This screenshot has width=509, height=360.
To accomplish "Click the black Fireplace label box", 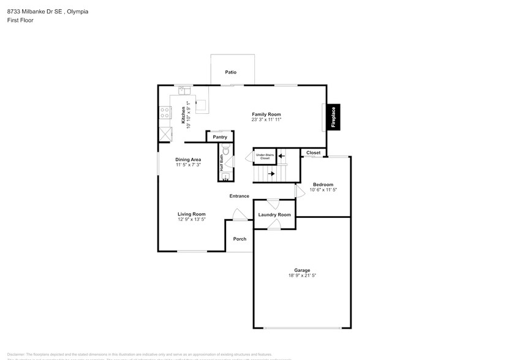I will (334, 116).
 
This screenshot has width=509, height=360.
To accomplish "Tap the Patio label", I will (230, 72).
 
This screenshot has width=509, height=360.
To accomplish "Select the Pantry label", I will (220, 137).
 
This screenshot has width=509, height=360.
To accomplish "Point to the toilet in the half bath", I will (225, 150).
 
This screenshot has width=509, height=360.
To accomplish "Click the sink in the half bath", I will (225, 176).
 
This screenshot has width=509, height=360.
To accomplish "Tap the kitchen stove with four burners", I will (164, 113).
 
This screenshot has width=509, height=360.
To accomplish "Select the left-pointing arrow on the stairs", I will (282, 156).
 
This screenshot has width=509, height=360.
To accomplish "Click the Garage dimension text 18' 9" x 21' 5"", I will (301, 276).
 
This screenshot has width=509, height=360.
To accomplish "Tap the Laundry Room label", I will (274, 215).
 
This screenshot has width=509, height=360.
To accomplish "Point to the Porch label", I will (239, 239).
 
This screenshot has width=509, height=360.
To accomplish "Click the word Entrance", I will (239, 196).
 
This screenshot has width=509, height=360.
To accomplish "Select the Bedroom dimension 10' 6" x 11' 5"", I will (323, 190).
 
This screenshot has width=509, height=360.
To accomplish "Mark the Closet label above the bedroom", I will (313, 152).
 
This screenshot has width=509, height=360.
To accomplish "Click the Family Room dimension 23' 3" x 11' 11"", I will (266, 120).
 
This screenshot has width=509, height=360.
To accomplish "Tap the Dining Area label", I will (188, 159).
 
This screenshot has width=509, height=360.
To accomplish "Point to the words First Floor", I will (20, 20).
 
